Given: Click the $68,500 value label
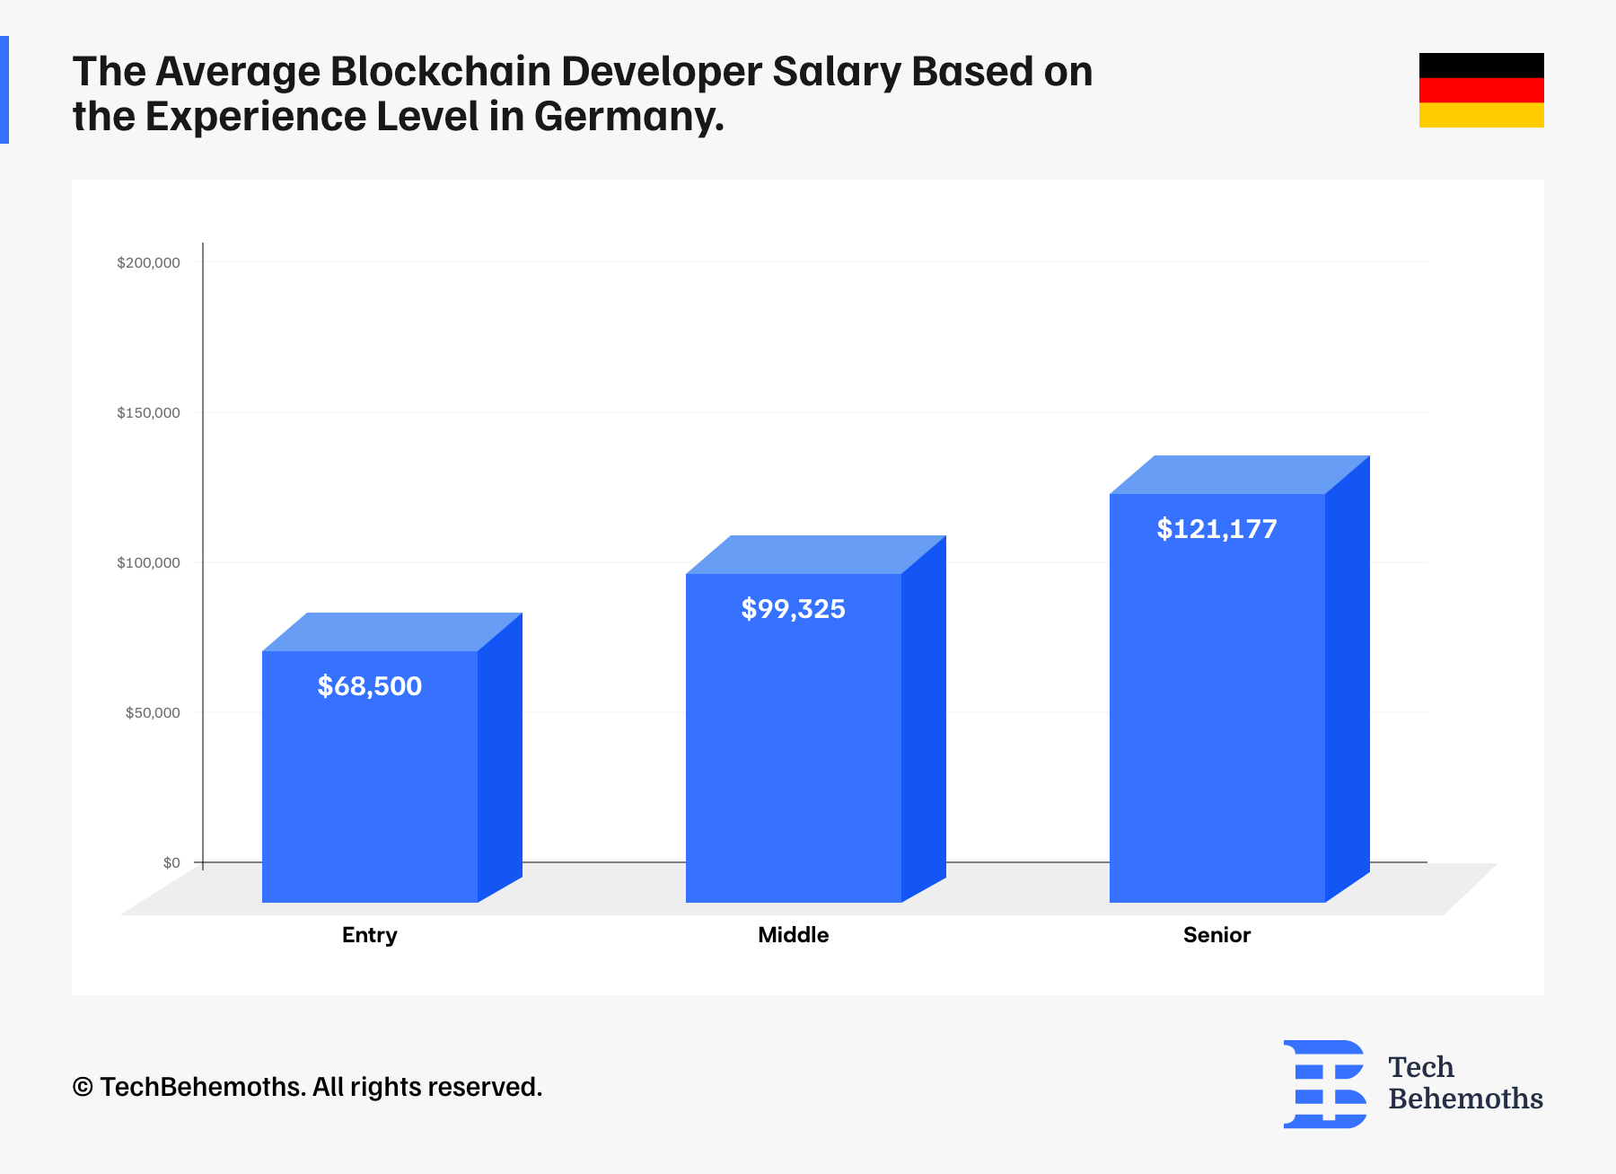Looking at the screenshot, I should pyautogui.click(x=369, y=686).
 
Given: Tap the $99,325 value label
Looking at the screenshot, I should pyautogui.click(x=793, y=609).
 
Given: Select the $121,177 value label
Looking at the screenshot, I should pyautogui.click(x=1216, y=529).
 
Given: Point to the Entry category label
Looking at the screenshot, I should pyautogui.click(x=369, y=935).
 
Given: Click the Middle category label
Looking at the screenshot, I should pyautogui.click(x=793, y=935).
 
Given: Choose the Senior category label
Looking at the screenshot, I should pyautogui.click(x=1216, y=935).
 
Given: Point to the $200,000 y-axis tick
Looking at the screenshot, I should pyautogui.click(x=148, y=262).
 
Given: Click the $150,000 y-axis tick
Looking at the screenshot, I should pyautogui.click(x=148, y=412).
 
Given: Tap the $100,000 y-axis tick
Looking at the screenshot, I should pyautogui.click(x=148, y=562).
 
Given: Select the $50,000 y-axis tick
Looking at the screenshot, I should pyautogui.click(x=153, y=712).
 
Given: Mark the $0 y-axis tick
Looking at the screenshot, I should pyautogui.click(x=171, y=862).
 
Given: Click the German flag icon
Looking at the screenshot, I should pyautogui.click(x=1481, y=90).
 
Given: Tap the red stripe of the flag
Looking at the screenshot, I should pyautogui.click(x=1481, y=90).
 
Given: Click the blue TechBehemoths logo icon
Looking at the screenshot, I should pyautogui.click(x=1325, y=1083).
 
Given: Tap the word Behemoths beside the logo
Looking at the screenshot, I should pyautogui.click(x=1465, y=1099).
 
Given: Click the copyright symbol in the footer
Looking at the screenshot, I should pyautogui.click(x=83, y=1088).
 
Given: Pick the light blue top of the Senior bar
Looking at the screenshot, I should pyautogui.click(x=1239, y=474).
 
